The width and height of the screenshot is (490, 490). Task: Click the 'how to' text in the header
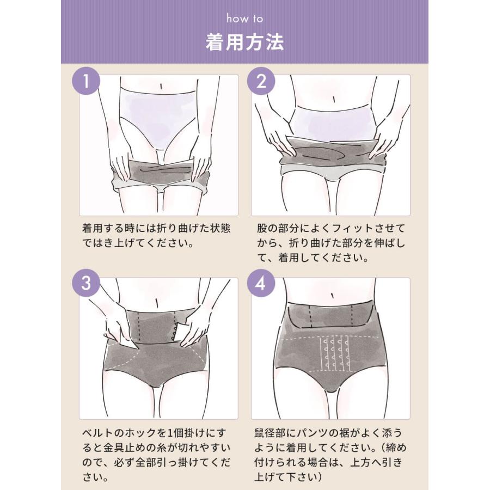click(x=244, y=19)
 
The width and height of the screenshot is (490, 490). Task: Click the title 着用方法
click(x=244, y=43)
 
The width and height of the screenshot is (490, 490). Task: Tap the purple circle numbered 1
click(x=86, y=81)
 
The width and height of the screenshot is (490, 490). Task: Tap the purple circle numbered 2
click(x=261, y=81)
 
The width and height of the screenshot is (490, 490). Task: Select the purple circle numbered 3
click(x=86, y=283)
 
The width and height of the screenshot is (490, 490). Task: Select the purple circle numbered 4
click(x=261, y=283)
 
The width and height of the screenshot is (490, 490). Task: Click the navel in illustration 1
click(x=161, y=86)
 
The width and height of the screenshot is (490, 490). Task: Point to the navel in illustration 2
click(x=334, y=100)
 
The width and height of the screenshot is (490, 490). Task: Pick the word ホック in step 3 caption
click(x=140, y=433)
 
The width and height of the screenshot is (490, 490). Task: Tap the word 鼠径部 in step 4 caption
click(x=269, y=433)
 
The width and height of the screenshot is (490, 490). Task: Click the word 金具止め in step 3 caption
click(x=119, y=448)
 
